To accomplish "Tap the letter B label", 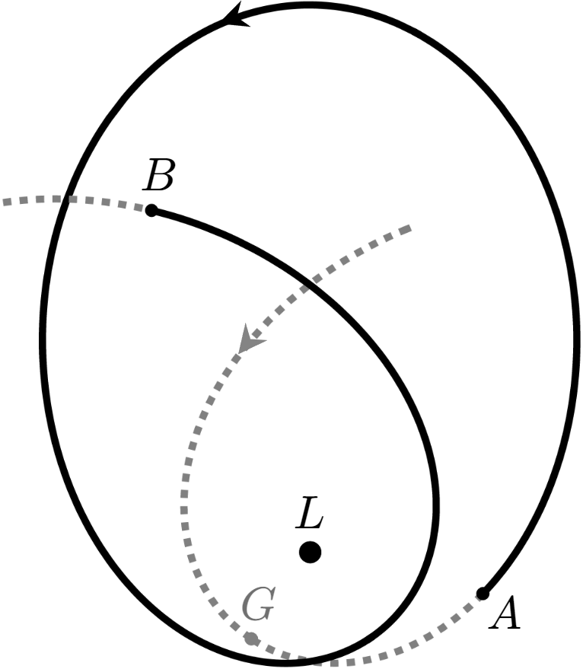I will pyautogui.click(x=159, y=177).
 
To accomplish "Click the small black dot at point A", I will pyautogui.click(x=483, y=594).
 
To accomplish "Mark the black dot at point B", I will pyautogui.click(x=151, y=210).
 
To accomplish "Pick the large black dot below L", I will pyautogui.click(x=310, y=552).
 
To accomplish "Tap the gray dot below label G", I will pyautogui.click(x=251, y=638).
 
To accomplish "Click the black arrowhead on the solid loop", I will pyautogui.click(x=237, y=14).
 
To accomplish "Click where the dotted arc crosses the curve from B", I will pyautogui.click(x=310, y=286).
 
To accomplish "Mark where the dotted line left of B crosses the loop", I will pyautogui.click(x=65, y=199).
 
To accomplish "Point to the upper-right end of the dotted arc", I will pyautogui.click(x=409, y=227).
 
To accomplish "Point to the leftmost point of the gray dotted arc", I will pyautogui.click(x=183, y=502).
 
